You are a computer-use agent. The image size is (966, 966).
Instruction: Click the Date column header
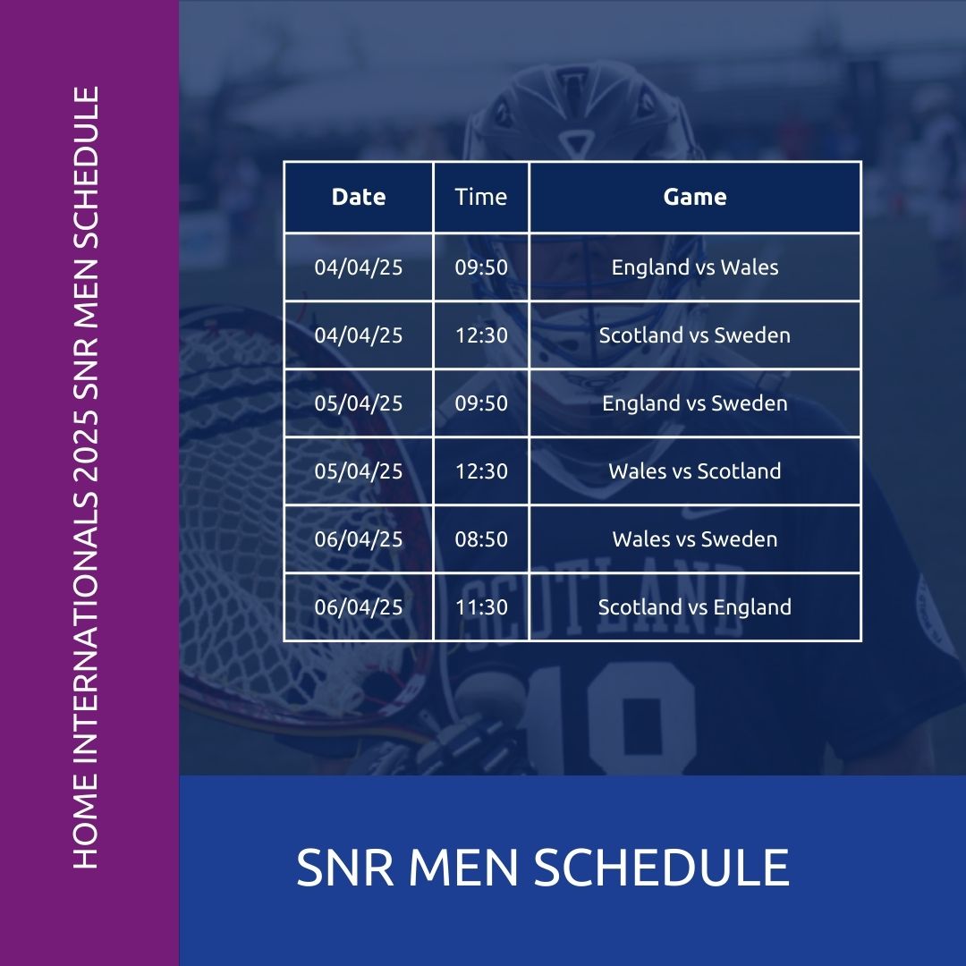tap(359, 197)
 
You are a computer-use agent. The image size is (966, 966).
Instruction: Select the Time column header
tap(481, 197)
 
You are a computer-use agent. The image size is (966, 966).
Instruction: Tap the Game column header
tap(695, 197)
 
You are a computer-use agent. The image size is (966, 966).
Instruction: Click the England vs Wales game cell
tap(695, 267)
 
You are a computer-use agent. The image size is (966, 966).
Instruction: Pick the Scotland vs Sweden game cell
tap(695, 335)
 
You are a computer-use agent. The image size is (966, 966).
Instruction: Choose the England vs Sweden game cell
tap(695, 403)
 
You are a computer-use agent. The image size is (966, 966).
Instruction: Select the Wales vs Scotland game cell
tap(695, 471)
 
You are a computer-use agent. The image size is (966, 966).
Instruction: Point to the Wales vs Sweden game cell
tap(695, 539)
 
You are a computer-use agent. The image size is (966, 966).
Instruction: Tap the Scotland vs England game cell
tap(695, 607)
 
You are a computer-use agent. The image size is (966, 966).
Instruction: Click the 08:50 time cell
tap(481, 539)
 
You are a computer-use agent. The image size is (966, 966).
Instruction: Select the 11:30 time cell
tap(481, 607)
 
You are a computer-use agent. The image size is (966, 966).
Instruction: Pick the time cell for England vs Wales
tap(481, 267)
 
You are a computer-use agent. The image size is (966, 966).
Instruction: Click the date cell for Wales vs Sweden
tap(359, 539)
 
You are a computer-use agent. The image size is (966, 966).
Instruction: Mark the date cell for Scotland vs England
tap(359, 607)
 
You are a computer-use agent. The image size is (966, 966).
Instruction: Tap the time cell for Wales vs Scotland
tap(481, 471)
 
